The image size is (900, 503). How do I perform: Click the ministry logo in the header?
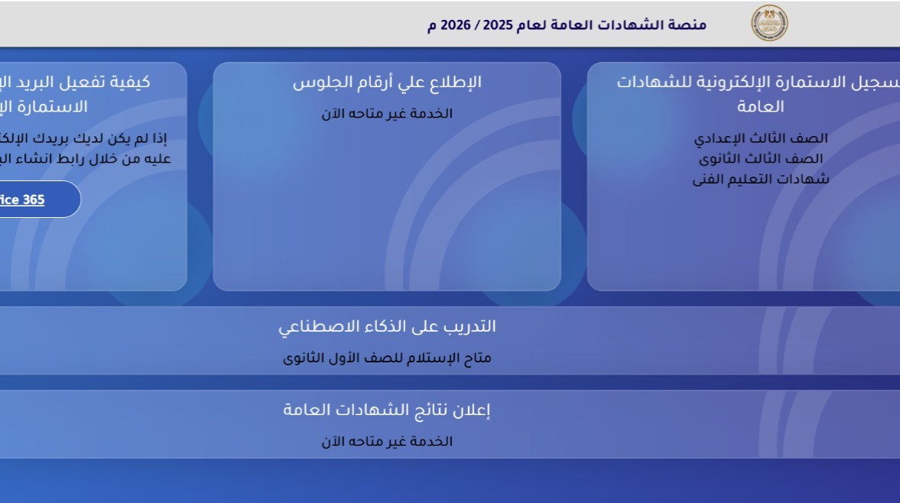point(769,23)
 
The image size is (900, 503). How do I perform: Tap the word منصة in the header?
point(688,24)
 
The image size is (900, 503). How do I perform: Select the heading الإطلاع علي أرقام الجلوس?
point(387,83)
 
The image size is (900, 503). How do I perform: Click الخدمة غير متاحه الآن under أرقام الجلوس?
point(387,114)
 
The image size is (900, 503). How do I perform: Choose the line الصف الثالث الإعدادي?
point(761,138)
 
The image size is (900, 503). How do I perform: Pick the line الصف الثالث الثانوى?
point(761,159)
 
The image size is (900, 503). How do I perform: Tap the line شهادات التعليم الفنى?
point(761,180)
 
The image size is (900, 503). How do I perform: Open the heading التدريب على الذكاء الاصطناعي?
point(387,326)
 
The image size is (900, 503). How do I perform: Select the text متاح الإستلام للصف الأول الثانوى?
point(387,358)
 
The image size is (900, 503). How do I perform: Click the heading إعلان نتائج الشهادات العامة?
point(387,410)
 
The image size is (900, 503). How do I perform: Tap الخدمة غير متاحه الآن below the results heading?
point(387,442)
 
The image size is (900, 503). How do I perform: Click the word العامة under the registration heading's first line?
point(761,106)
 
